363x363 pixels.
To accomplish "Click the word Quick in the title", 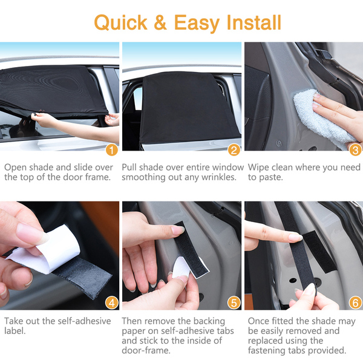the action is point(120,22).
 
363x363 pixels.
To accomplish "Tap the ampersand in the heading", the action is point(160,22).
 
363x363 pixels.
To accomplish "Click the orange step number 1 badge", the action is point(112,150).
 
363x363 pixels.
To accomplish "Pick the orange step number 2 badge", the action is point(234,150).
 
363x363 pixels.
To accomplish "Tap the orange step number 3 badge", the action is point(355,150).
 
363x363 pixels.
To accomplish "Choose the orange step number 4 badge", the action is point(112,303).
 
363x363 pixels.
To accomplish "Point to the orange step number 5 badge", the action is point(234,303).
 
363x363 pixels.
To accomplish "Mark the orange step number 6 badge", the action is point(355,303).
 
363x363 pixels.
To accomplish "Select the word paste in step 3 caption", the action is point(270,178).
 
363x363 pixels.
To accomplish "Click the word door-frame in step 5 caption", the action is point(146,350).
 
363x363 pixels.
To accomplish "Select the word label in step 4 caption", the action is point(15,331).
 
